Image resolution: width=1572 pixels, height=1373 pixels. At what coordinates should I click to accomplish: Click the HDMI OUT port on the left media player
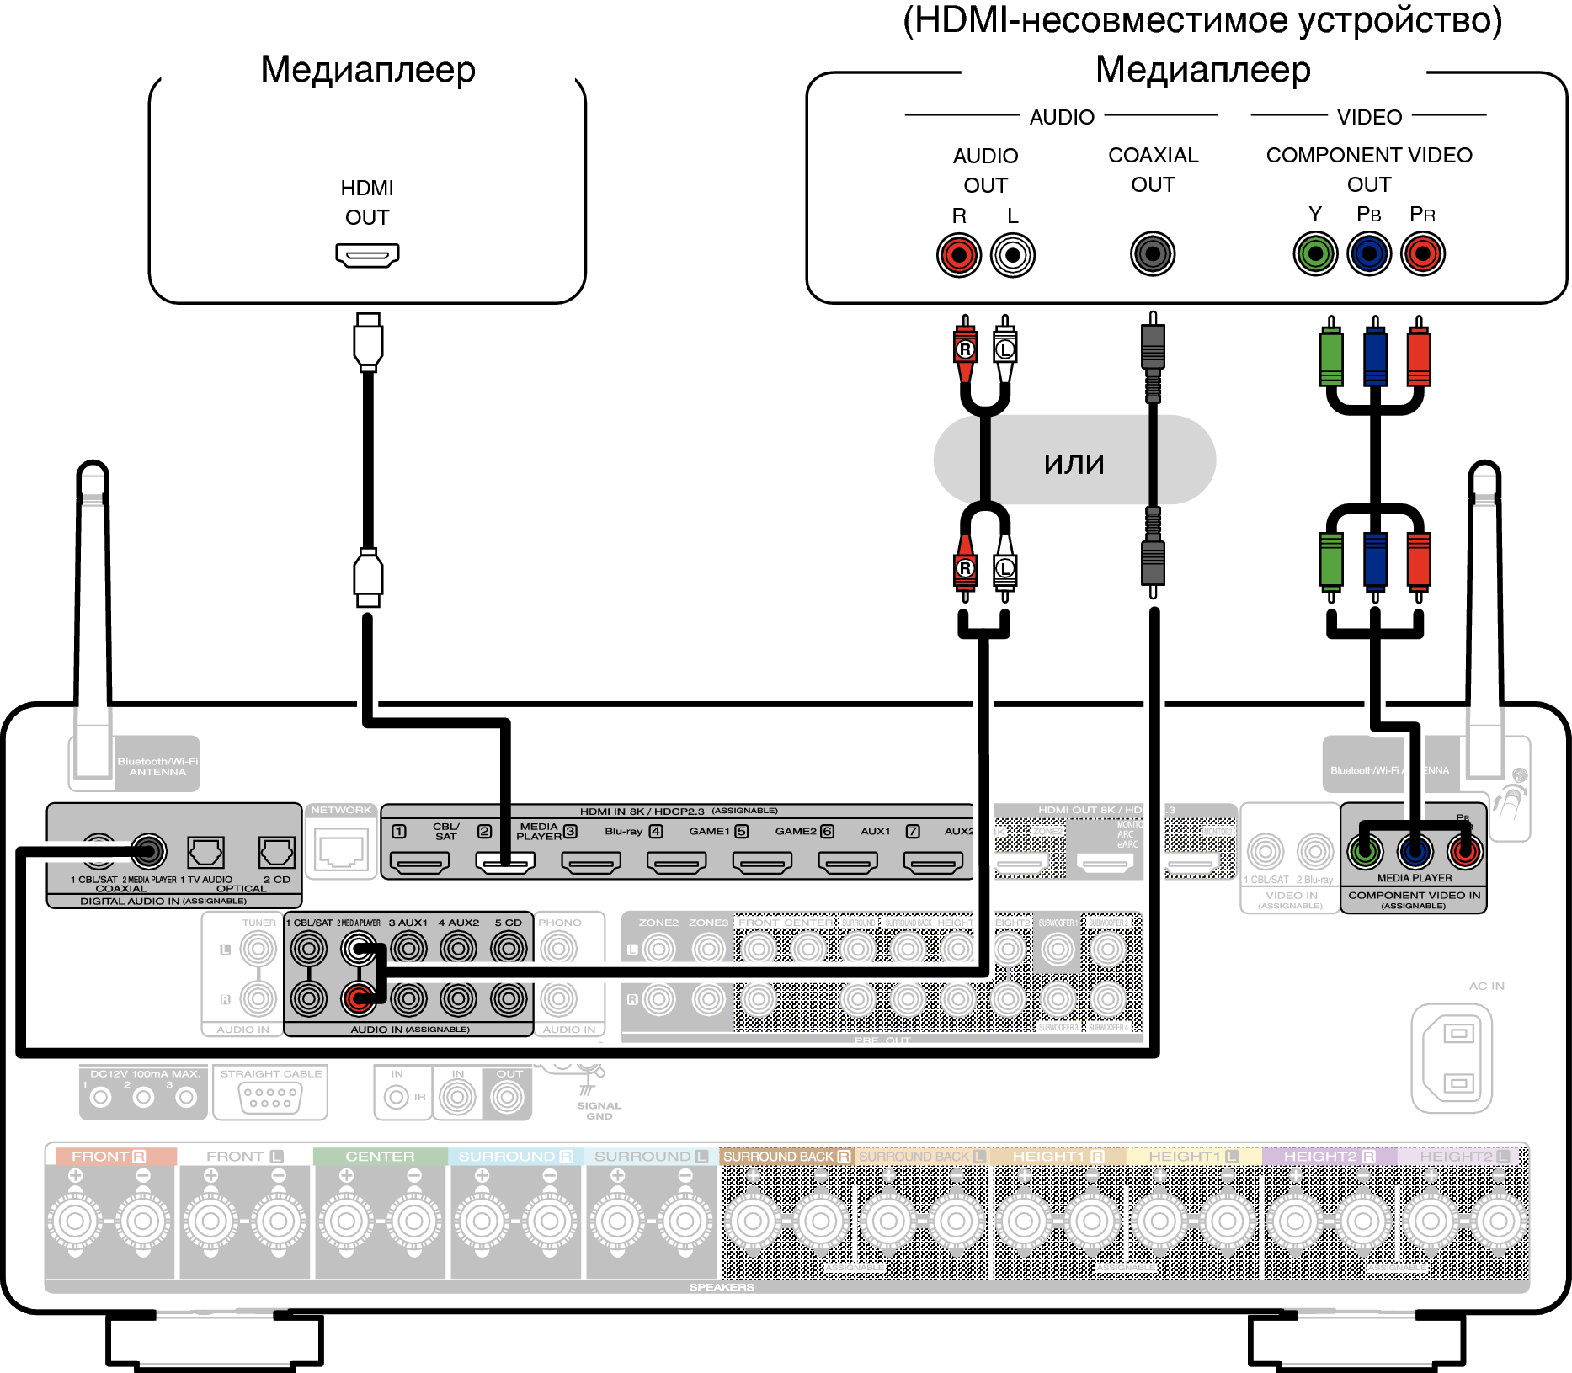point(367,254)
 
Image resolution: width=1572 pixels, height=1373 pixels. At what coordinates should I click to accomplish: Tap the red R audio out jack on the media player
point(959,254)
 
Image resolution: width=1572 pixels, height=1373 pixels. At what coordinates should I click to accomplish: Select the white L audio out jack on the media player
point(1013,254)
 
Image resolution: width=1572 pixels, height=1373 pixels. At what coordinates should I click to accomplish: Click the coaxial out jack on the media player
point(1153,253)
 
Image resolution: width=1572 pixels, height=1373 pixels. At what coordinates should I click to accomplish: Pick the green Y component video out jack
point(1315,253)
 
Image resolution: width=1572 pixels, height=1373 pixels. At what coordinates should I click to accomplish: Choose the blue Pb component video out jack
point(1369,253)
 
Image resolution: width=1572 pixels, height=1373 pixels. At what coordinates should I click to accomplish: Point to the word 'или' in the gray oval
point(1074,463)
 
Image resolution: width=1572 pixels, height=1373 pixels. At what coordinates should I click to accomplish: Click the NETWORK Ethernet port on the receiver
point(341,850)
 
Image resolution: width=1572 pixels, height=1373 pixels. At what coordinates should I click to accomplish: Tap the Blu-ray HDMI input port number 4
point(676,862)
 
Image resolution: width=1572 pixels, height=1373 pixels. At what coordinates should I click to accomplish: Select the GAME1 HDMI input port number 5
point(762,862)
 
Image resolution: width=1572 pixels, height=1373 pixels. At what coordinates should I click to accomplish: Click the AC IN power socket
point(1452,1057)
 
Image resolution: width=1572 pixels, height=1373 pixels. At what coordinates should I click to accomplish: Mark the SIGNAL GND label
point(599,1110)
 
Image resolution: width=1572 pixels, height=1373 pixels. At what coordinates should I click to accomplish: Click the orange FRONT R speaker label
point(109,1157)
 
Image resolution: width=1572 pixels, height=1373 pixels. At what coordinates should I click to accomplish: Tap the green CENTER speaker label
point(380,1157)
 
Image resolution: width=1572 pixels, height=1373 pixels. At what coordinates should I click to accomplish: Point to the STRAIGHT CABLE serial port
point(270,1097)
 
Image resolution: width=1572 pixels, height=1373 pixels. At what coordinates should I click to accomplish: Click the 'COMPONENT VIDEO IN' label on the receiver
point(1414,896)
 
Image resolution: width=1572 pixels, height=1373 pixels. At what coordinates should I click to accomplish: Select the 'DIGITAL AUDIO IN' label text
point(163,901)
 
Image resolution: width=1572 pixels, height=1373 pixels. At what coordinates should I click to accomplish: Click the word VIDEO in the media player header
point(1369,117)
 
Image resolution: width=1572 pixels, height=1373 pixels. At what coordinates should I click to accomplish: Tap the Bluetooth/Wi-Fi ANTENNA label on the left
point(157,766)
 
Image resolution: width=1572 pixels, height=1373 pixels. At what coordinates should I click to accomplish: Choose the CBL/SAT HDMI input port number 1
point(419,862)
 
